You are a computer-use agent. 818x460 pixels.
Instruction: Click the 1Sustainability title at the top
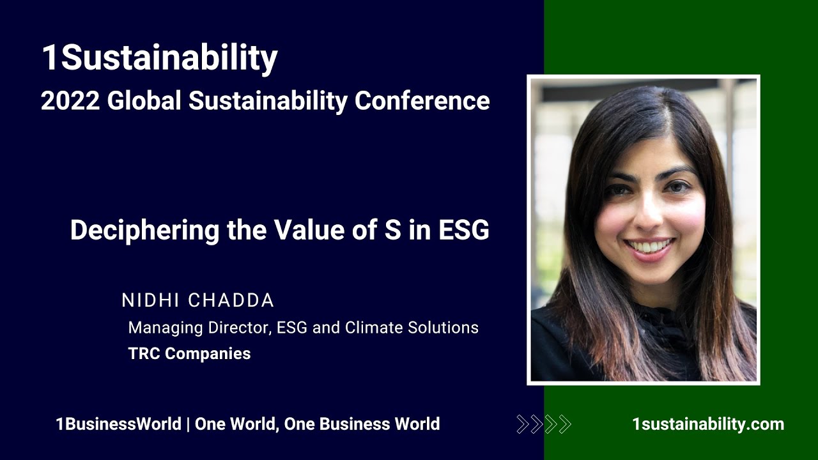pyautogui.click(x=159, y=58)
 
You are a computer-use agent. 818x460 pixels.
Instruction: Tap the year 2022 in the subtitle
pyautogui.click(x=70, y=101)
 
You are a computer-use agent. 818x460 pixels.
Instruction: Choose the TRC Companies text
pyautogui.click(x=189, y=353)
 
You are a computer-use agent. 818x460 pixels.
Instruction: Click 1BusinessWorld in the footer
pyautogui.click(x=118, y=424)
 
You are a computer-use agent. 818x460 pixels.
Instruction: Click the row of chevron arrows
pyautogui.click(x=543, y=424)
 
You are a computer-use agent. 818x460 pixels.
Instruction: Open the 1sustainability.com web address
pyautogui.click(x=707, y=424)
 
